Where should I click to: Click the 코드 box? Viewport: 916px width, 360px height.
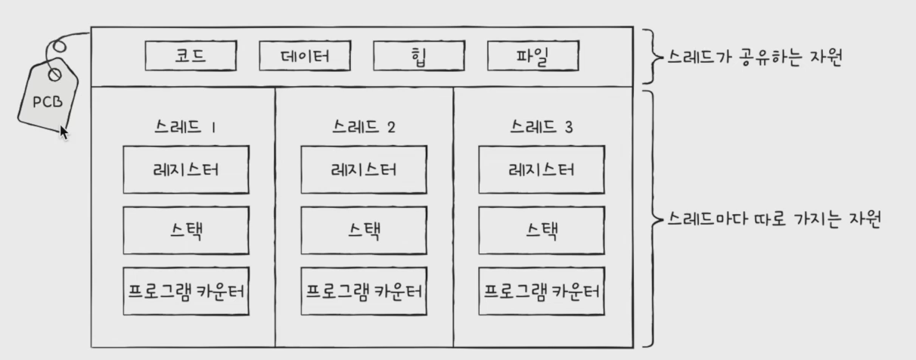point(191,56)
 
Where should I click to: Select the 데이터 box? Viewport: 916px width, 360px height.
point(304,56)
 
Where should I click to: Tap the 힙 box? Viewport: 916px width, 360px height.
point(418,56)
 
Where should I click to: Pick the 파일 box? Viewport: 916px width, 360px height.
point(533,56)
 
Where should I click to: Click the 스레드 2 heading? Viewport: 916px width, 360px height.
point(364,127)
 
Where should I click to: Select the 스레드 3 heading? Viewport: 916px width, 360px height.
point(542,127)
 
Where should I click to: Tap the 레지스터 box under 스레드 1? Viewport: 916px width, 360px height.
point(185,169)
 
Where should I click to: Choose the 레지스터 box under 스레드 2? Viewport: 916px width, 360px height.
point(364,169)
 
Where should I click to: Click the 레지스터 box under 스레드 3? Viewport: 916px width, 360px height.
point(542,169)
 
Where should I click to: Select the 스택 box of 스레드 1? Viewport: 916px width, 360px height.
point(185,229)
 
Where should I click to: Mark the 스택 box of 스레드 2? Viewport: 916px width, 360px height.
point(364,229)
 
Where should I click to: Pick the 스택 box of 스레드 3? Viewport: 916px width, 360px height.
point(542,229)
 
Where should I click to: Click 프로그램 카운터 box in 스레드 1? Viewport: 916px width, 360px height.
point(185,290)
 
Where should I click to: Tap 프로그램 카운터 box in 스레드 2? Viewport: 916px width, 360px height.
point(364,290)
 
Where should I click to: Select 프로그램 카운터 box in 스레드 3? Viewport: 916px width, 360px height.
point(542,290)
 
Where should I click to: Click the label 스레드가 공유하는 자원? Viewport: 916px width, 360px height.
point(753,57)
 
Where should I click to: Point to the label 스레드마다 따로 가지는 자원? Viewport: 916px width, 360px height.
point(775,219)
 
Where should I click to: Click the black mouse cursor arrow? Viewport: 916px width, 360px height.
point(64,133)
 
